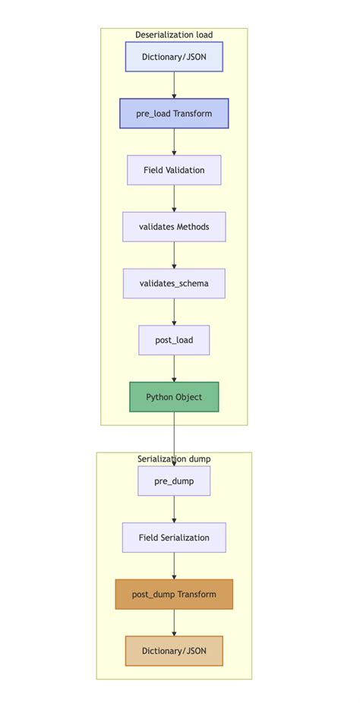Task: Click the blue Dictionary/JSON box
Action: pyautogui.click(x=174, y=57)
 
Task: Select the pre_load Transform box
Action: pyautogui.click(x=174, y=113)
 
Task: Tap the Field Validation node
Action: pyautogui.click(x=174, y=170)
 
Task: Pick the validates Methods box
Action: pyautogui.click(x=174, y=227)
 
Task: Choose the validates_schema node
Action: pyautogui.click(x=174, y=283)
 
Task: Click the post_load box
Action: pyautogui.click(x=174, y=340)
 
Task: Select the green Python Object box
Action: pyautogui.click(x=174, y=397)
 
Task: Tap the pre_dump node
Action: pyautogui.click(x=174, y=481)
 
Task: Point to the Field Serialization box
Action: pyautogui.click(x=174, y=537)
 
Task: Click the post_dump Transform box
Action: pyautogui.click(x=174, y=594)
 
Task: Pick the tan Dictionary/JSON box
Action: pyautogui.click(x=174, y=651)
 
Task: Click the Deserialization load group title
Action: pyautogui.click(x=174, y=35)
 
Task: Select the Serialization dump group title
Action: pyautogui.click(x=174, y=459)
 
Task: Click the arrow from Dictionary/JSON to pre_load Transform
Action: pyautogui.click(x=174, y=85)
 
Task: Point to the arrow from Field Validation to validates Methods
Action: pyautogui.click(x=174, y=198)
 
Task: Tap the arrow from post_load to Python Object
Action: pyautogui.click(x=174, y=368)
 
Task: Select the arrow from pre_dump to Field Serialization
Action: pyautogui.click(x=174, y=509)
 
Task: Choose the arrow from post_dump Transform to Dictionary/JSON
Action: pyautogui.click(x=174, y=623)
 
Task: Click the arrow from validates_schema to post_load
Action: pyautogui.click(x=174, y=311)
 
